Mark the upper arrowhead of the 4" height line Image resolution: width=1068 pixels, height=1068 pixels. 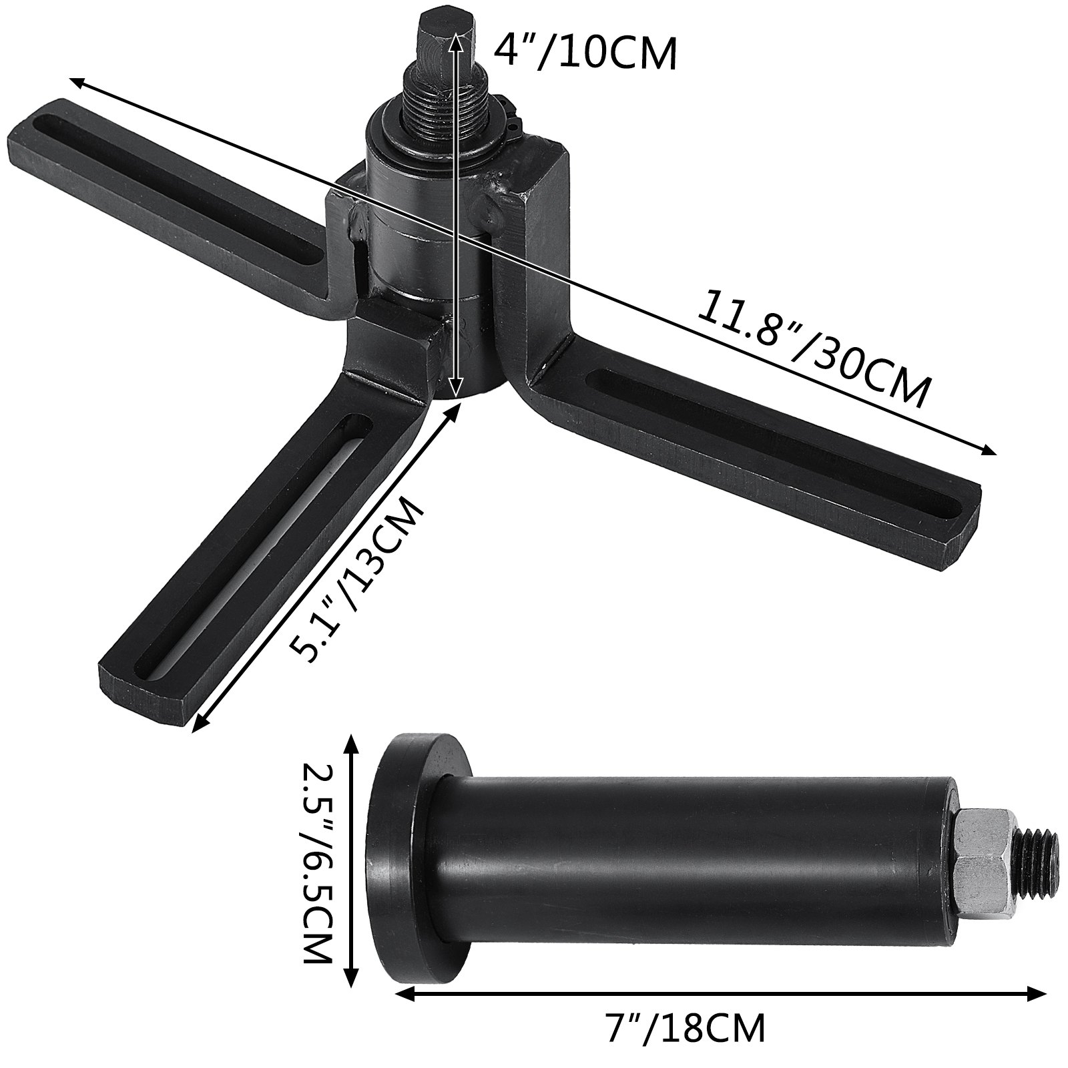(x=457, y=39)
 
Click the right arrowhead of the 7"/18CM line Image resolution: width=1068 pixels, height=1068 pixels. (x=1039, y=1012)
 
